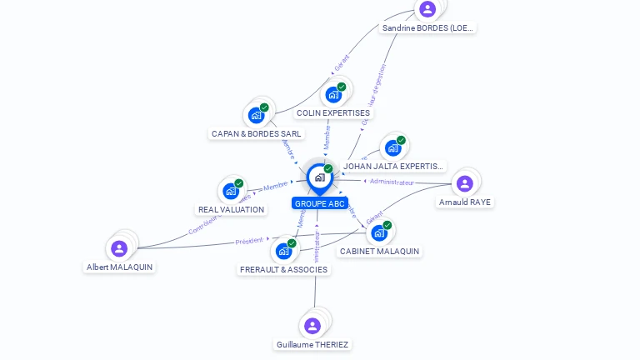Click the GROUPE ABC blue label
coord(319,203)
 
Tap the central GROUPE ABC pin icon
coord(319,177)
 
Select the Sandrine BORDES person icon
coord(427,9)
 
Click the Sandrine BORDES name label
coord(427,27)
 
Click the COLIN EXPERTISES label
coord(333,112)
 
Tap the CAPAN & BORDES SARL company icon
coord(257,116)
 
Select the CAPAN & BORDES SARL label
coord(257,133)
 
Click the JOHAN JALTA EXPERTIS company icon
coord(393,148)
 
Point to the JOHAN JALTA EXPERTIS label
coord(393,166)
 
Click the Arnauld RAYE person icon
coord(465,183)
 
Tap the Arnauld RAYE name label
coord(465,202)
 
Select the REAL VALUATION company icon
coord(231,192)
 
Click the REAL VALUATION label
coord(231,209)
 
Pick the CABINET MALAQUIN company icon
coord(379,232)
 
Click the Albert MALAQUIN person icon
coord(119,248)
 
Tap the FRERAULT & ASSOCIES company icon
coord(284,251)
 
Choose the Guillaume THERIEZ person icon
coord(312,326)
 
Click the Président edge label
coord(248,241)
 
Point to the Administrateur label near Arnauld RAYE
coord(392,182)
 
